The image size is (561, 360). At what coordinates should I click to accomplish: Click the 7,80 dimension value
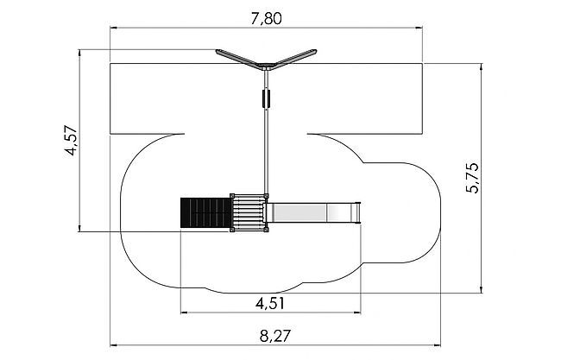[x=266, y=19]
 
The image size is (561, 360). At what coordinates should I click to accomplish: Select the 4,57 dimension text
[x=71, y=140]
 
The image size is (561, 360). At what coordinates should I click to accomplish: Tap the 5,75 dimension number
[x=472, y=178]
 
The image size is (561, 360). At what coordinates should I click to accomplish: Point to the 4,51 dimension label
[x=270, y=304]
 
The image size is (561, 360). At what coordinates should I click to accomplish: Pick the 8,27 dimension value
[x=275, y=336]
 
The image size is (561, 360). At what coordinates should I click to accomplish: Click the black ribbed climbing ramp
[x=205, y=213]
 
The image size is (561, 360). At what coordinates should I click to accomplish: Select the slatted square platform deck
[x=249, y=213]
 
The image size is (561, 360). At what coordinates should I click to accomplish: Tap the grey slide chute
[x=312, y=213]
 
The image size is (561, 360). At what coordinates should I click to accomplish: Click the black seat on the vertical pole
[x=266, y=98]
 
